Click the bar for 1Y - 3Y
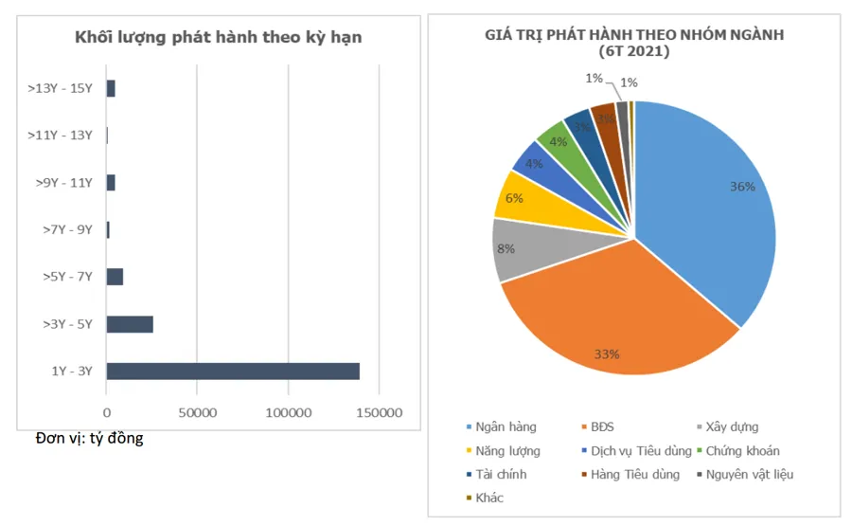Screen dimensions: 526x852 pyautogui.click(x=232, y=372)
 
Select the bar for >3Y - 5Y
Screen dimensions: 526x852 pyautogui.click(x=130, y=324)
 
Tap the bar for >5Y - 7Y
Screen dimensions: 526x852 pyautogui.click(x=115, y=277)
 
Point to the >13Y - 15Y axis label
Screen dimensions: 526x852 pyautogui.click(x=61, y=88)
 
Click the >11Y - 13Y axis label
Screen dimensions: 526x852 pyautogui.click(x=61, y=136)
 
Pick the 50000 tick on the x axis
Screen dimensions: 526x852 pyautogui.click(x=197, y=413)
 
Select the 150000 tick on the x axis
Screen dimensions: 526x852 pyautogui.click(x=379, y=413)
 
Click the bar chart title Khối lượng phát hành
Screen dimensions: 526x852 pyautogui.click(x=219, y=37)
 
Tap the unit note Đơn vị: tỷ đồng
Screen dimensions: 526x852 pyautogui.click(x=89, y=439)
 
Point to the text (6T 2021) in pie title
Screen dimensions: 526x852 pyautogui.click(x=634, y=51)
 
